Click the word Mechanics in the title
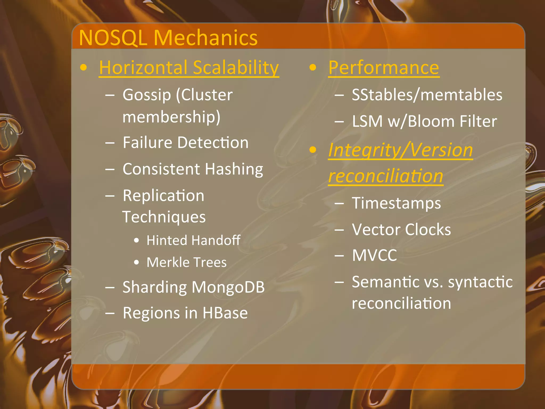point(205,38)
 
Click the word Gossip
point(147,95)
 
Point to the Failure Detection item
point(185,142)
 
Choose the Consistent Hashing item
point(193,169)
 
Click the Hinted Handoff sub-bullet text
point(193,240)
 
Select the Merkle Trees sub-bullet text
point(187,262)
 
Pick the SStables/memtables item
point(427,95)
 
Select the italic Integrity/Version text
point(400,150)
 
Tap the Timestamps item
point(396,203)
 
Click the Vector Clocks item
point(401,230)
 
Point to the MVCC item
point(374,255)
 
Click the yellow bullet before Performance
point(313,68)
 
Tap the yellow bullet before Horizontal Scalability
point(84,68)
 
